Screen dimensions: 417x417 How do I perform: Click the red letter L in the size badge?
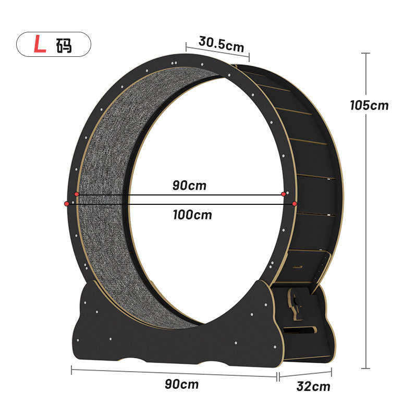(x=40, y=44)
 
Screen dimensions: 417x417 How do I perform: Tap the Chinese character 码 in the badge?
(x=64, y=46)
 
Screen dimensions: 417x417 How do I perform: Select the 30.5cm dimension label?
(x=221, y=44)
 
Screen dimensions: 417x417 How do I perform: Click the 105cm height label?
(x=369, y=105)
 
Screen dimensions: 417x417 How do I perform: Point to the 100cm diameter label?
(x=192, y=215)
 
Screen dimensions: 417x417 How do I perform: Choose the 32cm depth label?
(x=313, y=386)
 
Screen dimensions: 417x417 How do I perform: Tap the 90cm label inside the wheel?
(x=189, y=186)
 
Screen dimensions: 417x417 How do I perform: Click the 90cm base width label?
(x=181, y=384)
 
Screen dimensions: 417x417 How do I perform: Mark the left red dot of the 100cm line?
(x=67, y=204)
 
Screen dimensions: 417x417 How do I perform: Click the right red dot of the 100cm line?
(x=295, y=204)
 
